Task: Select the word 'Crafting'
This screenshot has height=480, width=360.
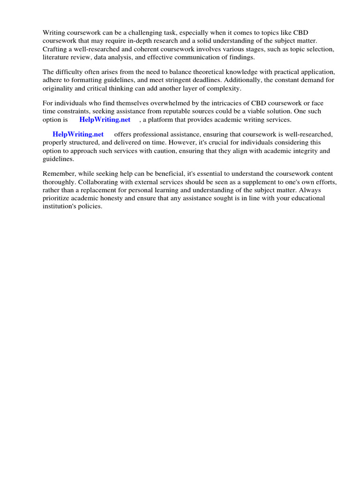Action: (55, 49)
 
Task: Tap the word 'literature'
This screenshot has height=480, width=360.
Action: (57, 57)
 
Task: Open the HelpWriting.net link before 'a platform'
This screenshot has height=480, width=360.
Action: (105, 120)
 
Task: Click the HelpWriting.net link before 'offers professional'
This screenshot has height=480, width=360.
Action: (78, 134)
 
